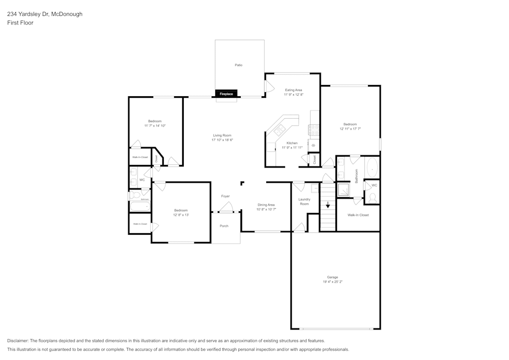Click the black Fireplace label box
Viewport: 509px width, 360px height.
[226, 94]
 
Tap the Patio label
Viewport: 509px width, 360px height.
[238, 65]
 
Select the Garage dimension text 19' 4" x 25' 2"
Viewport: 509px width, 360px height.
[332, 282]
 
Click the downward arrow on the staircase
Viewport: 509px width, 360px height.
[328, 205]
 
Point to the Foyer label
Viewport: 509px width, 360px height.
[225, 196]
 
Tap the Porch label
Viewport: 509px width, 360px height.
[224, 226]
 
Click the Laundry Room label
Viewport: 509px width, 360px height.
[304, 202]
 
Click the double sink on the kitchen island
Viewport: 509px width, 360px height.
[279, 130]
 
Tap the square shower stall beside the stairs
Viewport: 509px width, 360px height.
[344, 189]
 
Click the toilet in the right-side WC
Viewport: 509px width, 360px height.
[373, 198]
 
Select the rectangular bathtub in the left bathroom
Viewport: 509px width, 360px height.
[139, 207]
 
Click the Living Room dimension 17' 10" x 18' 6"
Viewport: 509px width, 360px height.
[222, 140]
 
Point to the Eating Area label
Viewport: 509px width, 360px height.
[293, 90]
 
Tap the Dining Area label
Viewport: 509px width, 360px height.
[266, 205]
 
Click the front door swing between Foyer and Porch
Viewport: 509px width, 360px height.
[225, 208]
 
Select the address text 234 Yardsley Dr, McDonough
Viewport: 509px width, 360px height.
[45, 14]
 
